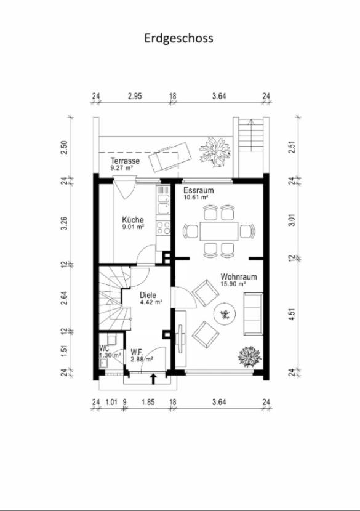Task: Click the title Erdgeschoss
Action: [x=179, y=38]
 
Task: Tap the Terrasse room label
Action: [x=125, y=161]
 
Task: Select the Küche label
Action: [x=133, y=219]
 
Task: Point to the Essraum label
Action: [x=199, y=191]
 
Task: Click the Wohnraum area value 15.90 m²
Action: [x=233, y=284]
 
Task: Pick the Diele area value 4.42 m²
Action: [x=151, y=302]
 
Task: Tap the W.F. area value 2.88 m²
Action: [x=142, y=359]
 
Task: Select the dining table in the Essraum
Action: [x=218, y=231]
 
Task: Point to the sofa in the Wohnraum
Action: [x=251, y=313]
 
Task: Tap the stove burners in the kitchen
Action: [x=164, y=229]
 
